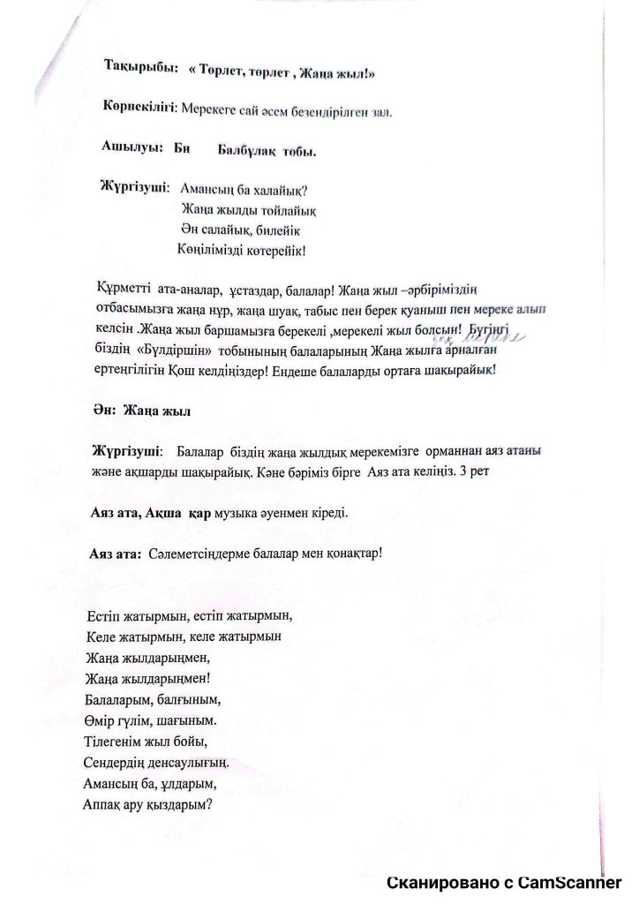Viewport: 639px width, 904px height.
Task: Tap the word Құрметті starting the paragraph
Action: (x=121, y=289)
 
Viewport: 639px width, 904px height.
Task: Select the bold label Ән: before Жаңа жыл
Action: (x=105, y=411)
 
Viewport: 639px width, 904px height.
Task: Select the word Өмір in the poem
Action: (x=101, y=720)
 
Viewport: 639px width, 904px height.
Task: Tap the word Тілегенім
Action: (x=117, y=741)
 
